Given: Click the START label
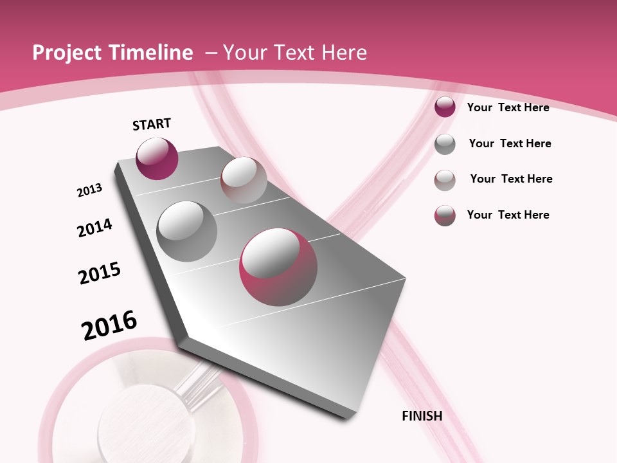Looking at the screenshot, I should [x=152, y=124].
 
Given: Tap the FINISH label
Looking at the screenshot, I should [x=422, y=416].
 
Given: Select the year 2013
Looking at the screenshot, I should [x=90, y=190].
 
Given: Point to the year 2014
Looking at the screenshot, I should [x=94, y=228].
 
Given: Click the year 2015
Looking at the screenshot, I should [x=100, y=273].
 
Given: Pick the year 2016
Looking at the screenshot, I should [x=109, y=325].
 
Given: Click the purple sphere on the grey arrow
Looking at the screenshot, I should [x=157, y=158].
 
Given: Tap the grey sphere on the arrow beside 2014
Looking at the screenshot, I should [x=186, y=232].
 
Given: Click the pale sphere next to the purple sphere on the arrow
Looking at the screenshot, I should [x=244, y=179].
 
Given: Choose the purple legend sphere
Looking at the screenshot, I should [x=445, y=107].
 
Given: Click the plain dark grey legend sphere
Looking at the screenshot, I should [x=445, y=144].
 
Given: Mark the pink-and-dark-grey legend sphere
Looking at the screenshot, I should [x=445, y=215].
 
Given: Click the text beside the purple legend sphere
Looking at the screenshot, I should [x=508, y=107].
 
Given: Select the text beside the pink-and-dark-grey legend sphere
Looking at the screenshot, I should [x=508, y=215].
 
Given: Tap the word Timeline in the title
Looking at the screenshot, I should [x=154, y=53].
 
